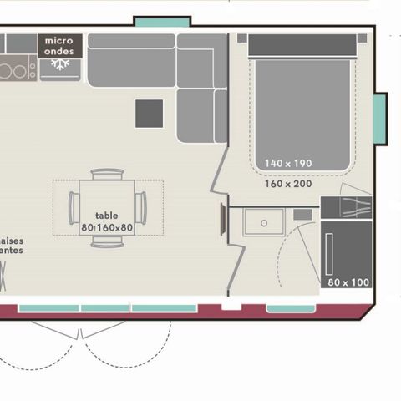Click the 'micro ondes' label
(x=58, y=45)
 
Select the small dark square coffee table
(x=150, y=113)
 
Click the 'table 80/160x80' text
(x=108, y=221)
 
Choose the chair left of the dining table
(x=74, y=208)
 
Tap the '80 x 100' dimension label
(x=348, y=282)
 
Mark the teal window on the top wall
(x=162, y=22)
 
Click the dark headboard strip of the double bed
(x=303, y=46)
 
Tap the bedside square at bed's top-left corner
(x=242, y=38)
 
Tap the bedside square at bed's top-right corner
(x=362, y=38)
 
